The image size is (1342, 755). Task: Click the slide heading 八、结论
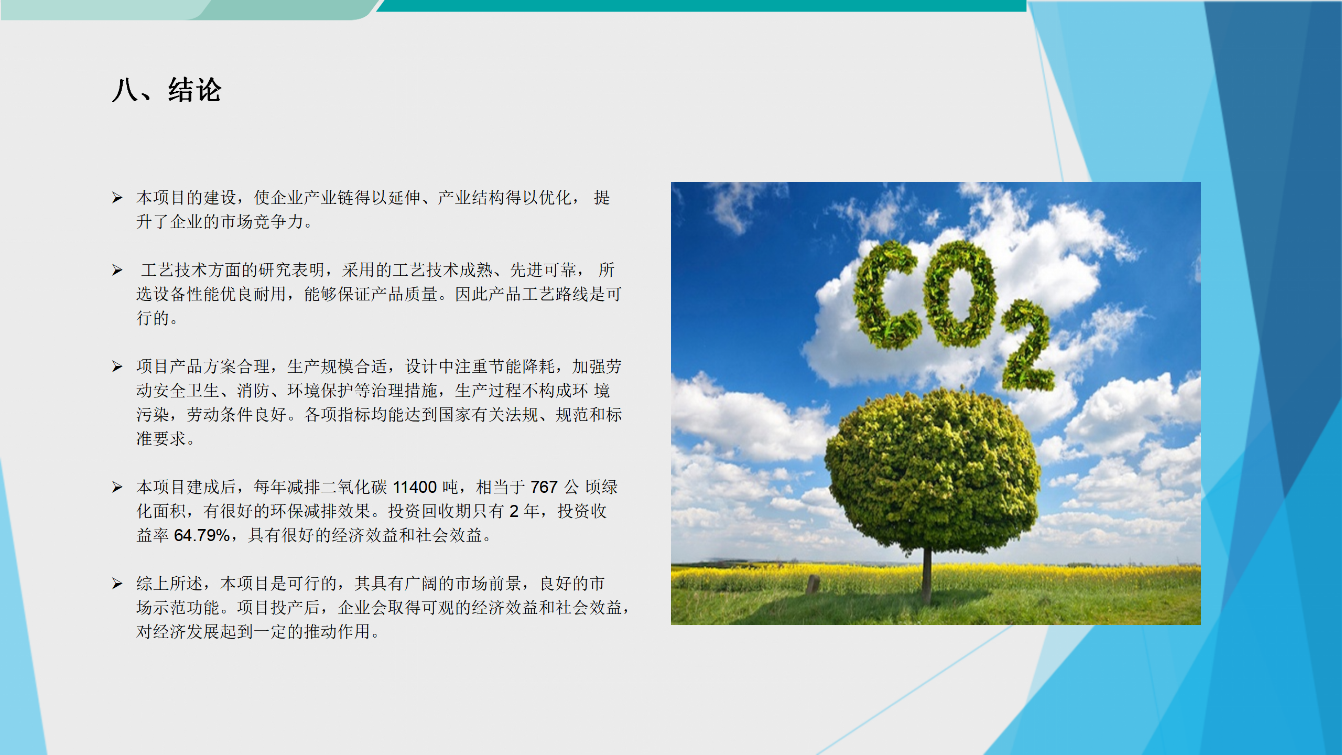tap(167, 90)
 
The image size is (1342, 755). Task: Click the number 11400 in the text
tap(415, 487)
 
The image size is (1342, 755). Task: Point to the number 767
tap(544, 487)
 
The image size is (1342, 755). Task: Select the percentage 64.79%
tap(202, 535)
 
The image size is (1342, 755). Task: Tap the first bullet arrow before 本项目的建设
tap(117, 198)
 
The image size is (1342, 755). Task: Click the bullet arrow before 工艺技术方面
tap(117, 270)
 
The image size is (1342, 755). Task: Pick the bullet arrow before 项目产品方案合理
tap(117, 366)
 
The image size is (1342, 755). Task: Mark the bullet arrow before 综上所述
tap(117, 584)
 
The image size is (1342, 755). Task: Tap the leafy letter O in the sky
tap(960, 294)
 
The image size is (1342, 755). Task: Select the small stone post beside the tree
tap(813, 584)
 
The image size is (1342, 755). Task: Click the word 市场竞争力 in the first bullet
tap(262, 222)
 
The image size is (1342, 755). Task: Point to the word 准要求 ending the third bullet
tap(161, 439)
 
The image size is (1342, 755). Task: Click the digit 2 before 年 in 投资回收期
tap(514, 511)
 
